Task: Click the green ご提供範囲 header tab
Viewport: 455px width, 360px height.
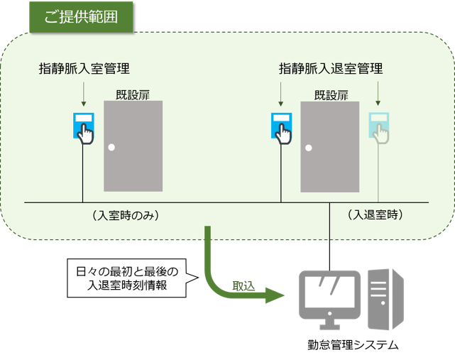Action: point(81,17)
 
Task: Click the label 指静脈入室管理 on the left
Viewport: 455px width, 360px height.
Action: point(84,69)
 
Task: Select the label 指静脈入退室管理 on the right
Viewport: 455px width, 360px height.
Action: point(331,69)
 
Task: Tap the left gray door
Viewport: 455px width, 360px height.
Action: point(133,146)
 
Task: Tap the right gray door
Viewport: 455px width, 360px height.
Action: point(330,146)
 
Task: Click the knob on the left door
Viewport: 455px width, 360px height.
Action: point(111,148)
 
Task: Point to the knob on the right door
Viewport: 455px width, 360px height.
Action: point(307,148)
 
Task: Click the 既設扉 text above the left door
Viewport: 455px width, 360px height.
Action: point(133,94)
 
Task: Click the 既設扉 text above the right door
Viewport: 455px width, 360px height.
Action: point(331,94)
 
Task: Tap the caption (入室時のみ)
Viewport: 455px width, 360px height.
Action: point(124,214)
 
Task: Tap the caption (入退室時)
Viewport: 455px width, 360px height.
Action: point(376,214)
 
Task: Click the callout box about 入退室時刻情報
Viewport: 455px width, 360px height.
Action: point(127,277)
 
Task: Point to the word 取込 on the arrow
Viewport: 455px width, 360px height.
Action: point(243,285)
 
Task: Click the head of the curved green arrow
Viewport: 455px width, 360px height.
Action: point(278,296)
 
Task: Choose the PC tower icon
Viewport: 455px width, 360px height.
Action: point(386,298)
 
